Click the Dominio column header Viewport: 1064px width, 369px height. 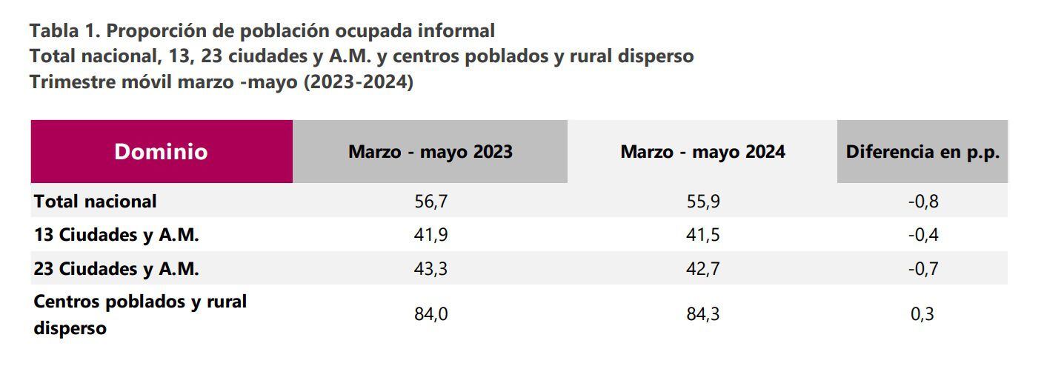click(x=161, y=152)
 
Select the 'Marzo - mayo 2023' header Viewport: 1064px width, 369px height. click(x=430, y=152)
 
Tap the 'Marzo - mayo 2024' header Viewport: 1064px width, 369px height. click(x=702, y=152)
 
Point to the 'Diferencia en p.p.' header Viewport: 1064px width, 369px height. click(x=922, y=152)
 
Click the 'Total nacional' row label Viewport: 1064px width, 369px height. click(x=96, y=201)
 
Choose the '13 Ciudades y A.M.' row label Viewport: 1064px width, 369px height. click(x=116, y=235)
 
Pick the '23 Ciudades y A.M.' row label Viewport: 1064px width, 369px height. click(x=116, y=269)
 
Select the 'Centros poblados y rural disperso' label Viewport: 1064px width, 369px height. click(x=140, y=314)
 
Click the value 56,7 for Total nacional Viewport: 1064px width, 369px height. click(x=430, y=201)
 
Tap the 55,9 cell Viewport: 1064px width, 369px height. click(x=702, y=201)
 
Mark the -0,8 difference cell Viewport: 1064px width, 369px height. click(x=922, y=201)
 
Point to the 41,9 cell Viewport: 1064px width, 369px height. click(x=430, y=235)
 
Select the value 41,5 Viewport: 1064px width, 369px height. click(x=702, y=235)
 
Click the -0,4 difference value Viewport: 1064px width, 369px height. click(x=922, y=235)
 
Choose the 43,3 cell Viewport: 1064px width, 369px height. click(x=430, y=269)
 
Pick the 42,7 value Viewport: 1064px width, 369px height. click(x=702, y=269)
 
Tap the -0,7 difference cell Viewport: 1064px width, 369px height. click(x=922, y=269)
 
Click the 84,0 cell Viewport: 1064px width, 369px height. click(x=430, y=314)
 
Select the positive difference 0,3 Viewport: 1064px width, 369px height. click(x=922, y=314)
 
